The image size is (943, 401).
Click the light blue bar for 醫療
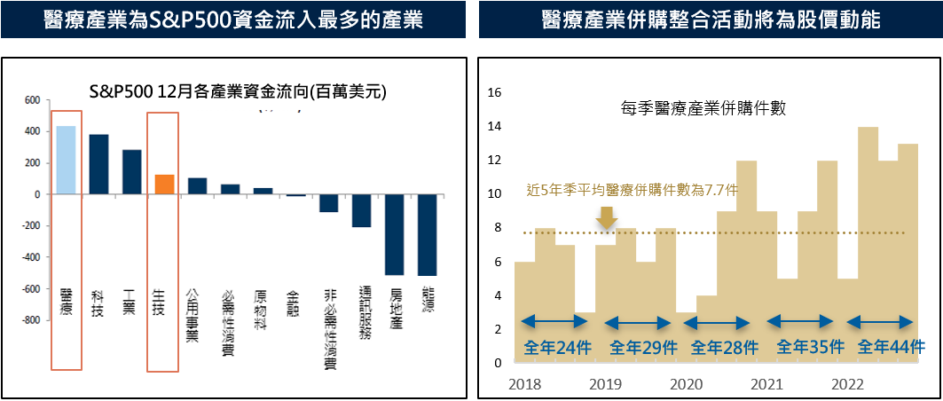coord(66,160)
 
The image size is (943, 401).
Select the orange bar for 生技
coord(163,184)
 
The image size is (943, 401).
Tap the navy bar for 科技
coord(98,164)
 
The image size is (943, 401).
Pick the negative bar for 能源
coord(427,234)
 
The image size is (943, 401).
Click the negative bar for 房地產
coord(394,234)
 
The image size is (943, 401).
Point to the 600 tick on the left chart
coord(32,100)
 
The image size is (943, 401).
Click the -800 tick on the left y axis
coord(29,320)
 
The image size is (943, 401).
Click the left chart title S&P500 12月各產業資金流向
coord(239,91)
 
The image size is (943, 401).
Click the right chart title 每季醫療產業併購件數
coord(705,109)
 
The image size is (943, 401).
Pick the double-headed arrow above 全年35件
coord(801,322)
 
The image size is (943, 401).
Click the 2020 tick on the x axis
coord(686,384)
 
